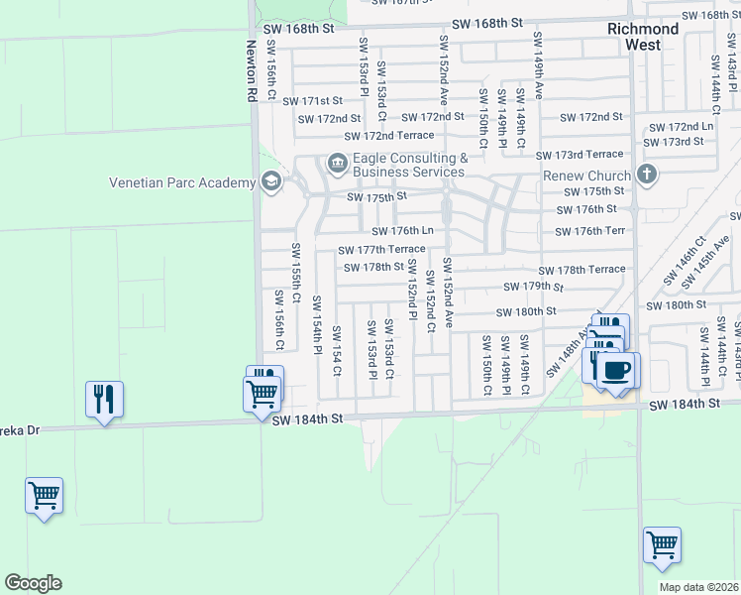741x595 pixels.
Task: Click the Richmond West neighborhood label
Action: (643, 37)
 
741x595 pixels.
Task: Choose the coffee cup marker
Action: (617, 371)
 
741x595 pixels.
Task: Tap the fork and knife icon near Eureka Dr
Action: (104, 399)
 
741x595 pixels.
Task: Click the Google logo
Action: (33, 583)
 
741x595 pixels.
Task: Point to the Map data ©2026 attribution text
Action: (698, 587)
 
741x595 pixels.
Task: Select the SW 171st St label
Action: (312, 101)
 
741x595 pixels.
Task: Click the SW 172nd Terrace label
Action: (388, 136)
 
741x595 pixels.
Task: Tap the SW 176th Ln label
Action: (403, 231)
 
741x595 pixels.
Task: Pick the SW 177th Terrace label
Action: (381, 250)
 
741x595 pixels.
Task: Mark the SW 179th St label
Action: (533, 287)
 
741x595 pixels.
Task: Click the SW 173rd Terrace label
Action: (580, 155)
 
